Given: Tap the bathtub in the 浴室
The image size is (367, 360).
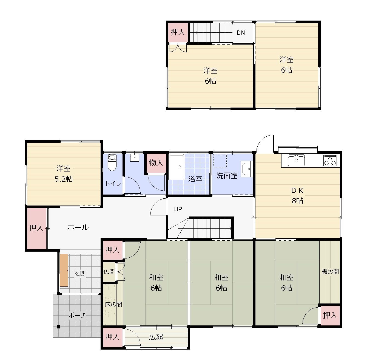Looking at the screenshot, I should point(177,167).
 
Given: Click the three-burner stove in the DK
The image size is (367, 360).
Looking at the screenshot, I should point(330,161).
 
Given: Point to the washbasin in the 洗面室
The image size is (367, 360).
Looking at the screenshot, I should point(246,168).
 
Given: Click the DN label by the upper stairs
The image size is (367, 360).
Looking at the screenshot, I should point(241,33).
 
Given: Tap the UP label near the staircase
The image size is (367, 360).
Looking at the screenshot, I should point(178,209).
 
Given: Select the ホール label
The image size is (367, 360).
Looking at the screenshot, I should point(78,227).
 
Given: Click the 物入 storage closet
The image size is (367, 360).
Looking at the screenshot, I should point(156,163).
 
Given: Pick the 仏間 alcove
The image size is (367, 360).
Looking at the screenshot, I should point(109,272).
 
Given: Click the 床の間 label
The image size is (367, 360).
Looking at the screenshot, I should point(113,305).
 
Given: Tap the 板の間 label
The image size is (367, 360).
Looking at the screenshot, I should point(330,272).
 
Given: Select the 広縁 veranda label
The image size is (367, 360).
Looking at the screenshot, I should point(156,337).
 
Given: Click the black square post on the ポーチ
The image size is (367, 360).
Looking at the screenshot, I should point(58,327).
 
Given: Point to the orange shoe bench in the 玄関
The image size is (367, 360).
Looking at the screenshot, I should point(64,270).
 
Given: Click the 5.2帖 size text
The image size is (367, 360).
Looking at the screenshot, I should point(64,179).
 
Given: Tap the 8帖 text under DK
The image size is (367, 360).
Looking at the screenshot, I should point(297,201).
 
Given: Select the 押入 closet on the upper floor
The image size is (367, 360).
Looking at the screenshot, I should point(178,32).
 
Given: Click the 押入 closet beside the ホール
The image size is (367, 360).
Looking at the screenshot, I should point(36,228).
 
